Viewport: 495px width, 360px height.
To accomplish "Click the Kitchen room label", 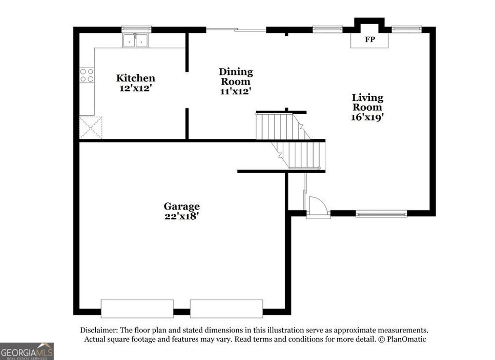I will [x=135, y=78].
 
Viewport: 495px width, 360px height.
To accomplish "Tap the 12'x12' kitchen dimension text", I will [x=135, y=89].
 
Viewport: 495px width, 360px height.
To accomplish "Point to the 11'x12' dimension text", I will [x=235, y=91].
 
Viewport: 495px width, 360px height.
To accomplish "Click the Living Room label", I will [x=367, y=103].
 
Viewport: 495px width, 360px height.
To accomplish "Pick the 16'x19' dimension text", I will [x=367, y=117].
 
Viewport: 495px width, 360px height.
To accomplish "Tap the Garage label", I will [x=181, y=206].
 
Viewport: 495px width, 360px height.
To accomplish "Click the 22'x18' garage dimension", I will [x=181, y=217].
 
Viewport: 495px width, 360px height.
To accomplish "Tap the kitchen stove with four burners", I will [x=87, y=75].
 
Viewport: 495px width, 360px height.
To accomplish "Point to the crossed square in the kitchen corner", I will [x=91, y=127].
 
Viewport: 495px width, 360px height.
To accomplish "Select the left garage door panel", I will [x=137, y=309].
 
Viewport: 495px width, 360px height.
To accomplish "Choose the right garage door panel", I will [x=226, y=309].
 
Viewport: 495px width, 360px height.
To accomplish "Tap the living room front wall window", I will [x=381, y=213].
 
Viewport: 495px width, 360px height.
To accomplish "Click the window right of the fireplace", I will [x=406, y=29].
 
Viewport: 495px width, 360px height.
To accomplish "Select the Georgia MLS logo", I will [x=27, y=351].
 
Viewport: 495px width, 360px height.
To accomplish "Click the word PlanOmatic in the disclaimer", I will [x=406, y=339].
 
